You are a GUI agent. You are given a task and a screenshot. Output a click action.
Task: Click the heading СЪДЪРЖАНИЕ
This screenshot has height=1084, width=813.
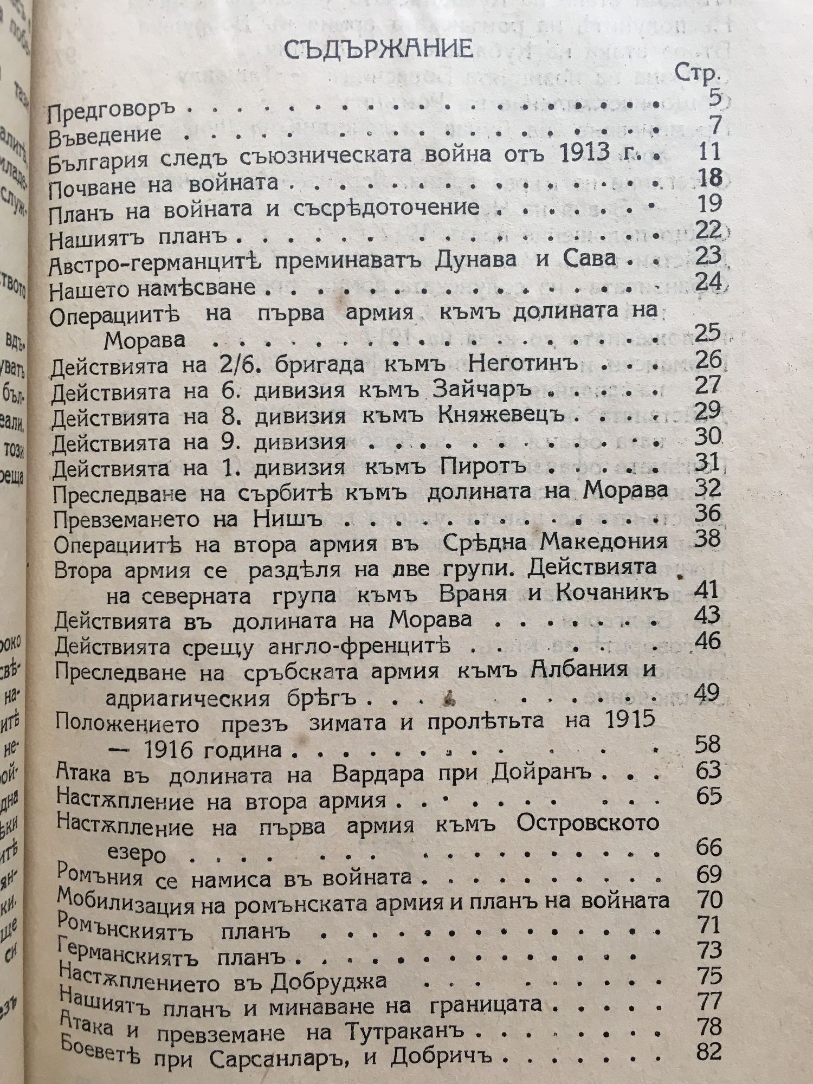tap(378, 49)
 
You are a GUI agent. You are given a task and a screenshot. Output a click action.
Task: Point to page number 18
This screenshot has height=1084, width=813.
tap(707, 177)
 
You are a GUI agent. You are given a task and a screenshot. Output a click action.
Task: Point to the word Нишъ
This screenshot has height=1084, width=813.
tap(288, 519)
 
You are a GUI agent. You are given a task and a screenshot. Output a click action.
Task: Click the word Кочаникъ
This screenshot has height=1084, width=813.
tap(611, 593)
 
